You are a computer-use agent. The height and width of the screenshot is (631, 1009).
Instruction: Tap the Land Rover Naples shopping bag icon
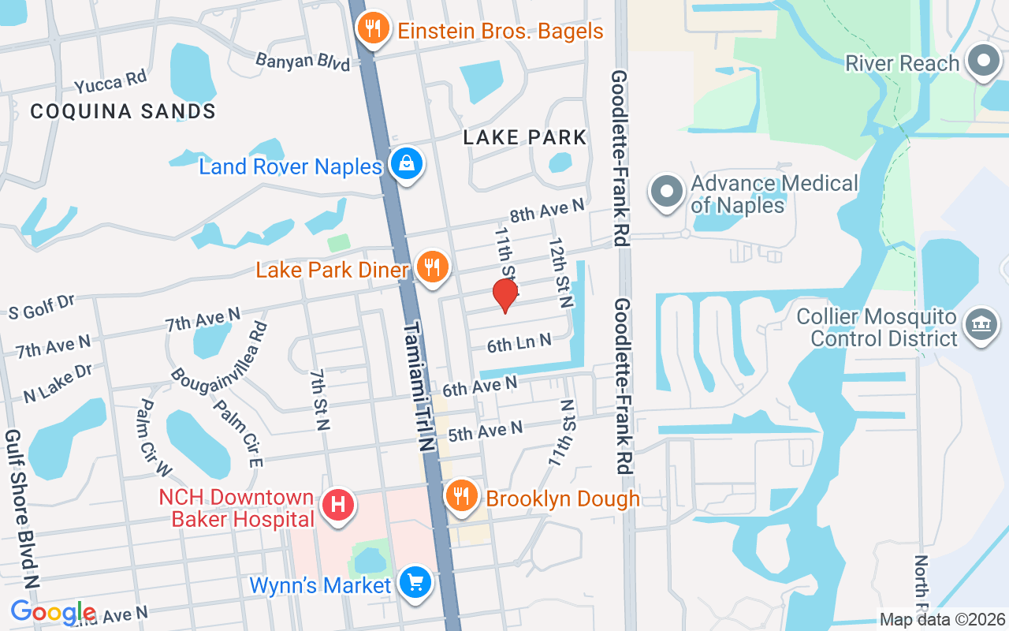click(407, 164)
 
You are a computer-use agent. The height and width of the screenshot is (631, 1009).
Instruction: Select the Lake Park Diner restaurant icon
click(431, 267)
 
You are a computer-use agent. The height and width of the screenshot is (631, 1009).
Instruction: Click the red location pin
click(504, 296)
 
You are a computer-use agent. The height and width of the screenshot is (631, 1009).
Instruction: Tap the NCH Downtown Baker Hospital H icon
click(337, 502)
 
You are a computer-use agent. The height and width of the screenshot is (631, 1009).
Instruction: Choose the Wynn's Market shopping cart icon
click(414, 583)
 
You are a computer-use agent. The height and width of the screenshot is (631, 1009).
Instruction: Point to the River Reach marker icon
click(983, 62)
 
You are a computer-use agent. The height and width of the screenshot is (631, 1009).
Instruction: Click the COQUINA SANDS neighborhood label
click(123, 112)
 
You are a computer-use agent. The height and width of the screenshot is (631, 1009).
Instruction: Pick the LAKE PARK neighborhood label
click(525, 137)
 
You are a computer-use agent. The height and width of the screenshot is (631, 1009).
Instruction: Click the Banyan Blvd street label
click(303, 61)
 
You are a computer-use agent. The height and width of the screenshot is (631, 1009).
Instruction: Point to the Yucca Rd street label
click(110, 82)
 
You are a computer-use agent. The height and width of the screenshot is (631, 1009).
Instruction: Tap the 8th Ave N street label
click(548, 211)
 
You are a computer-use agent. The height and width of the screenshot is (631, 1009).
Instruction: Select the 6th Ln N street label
click(519, 343)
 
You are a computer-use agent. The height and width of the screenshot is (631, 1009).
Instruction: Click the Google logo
click(53, 612)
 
